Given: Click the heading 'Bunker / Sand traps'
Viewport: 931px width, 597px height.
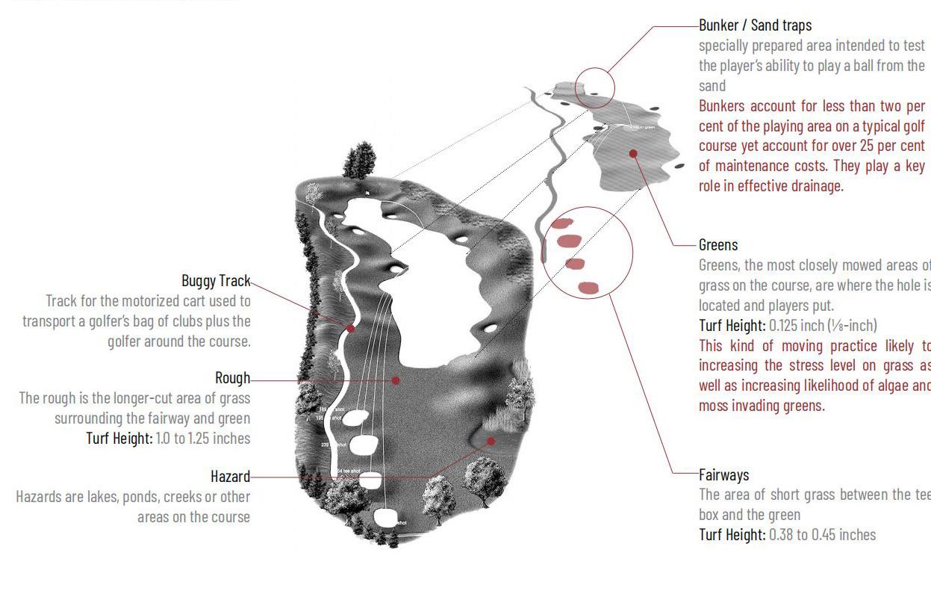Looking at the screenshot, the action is (x=755, y=25).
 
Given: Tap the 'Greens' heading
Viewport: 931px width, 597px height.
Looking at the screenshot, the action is (x=718, y=245).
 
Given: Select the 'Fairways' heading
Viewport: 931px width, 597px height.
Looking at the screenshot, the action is (x=723, y=474).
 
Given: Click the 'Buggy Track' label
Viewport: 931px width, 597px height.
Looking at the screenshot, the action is (x=216, y=281).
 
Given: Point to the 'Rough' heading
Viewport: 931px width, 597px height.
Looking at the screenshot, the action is (x=232, y=378).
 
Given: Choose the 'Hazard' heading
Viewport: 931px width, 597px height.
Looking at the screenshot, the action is (x=230, y=477).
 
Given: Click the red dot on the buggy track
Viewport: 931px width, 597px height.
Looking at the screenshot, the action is (x=350, y=329).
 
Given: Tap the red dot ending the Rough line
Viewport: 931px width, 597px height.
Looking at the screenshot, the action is (x=396, y=380).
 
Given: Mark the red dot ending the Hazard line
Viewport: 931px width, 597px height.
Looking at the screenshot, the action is (x=491, y=442).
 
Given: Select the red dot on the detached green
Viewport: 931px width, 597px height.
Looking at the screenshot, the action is (x=633, y=153).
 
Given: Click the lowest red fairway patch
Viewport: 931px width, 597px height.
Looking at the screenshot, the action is (x=588, y=287).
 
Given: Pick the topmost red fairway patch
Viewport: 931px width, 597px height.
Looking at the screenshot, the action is (x=561, y=223).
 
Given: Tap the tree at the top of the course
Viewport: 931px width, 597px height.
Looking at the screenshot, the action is (x=361, y=161).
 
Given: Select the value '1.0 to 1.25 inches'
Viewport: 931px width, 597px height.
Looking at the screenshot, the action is (x=203, y=439).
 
